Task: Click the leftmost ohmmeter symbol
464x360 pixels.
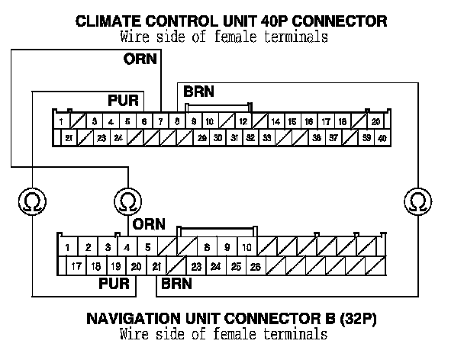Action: click(33, 201)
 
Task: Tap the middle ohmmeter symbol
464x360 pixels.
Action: click(127, 201)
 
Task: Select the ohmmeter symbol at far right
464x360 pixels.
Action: click(417, 201)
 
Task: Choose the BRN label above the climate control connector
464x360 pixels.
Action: click(198, 92)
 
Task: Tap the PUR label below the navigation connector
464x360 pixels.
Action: click(115, 284)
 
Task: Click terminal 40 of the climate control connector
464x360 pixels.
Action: click(382, 138)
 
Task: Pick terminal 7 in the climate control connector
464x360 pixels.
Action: click(160, 121)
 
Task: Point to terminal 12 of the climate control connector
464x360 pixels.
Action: click(243, 121)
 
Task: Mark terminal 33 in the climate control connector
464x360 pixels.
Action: click(267, 138)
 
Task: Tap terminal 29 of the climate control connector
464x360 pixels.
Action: click(201, 138)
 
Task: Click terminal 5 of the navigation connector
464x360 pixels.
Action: click(147, 247)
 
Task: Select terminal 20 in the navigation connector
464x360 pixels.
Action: click(135, 266)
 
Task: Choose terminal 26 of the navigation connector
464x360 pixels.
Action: click(256, 266)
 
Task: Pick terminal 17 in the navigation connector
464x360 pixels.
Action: click(76, 266)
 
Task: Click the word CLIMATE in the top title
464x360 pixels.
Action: click(109, 21)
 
